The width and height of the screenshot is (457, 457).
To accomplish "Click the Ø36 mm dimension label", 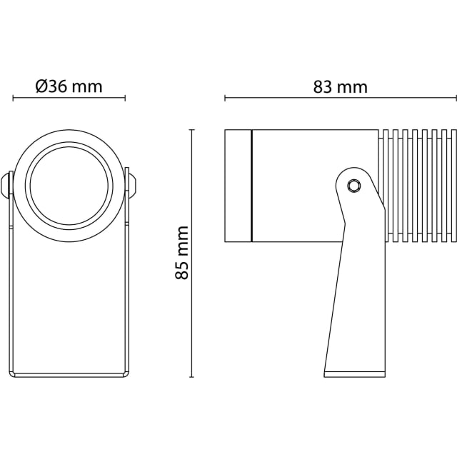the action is pyautogui.click(x=69, y=86).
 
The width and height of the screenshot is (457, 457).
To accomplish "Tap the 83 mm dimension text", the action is pyautogui.click(x=341, y=87).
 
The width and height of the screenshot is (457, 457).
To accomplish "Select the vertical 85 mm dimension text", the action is pyautogui.click(x=182, y=253).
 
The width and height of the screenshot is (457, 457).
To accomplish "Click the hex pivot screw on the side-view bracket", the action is pyautogui.click(x=354, y=186).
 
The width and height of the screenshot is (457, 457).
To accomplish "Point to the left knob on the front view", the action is pyautogui.click(x=6, y=184).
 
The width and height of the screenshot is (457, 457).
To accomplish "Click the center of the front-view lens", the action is pyautogui.click(x=69, y=186).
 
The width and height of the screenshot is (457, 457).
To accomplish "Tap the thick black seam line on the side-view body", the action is pyautogui.click(x=252, y=186).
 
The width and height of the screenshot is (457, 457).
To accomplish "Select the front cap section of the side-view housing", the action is pyautogui.click(x=238, y=186).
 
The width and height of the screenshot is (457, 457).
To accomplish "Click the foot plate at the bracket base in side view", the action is pyautogui.click(x=354, y=374).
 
